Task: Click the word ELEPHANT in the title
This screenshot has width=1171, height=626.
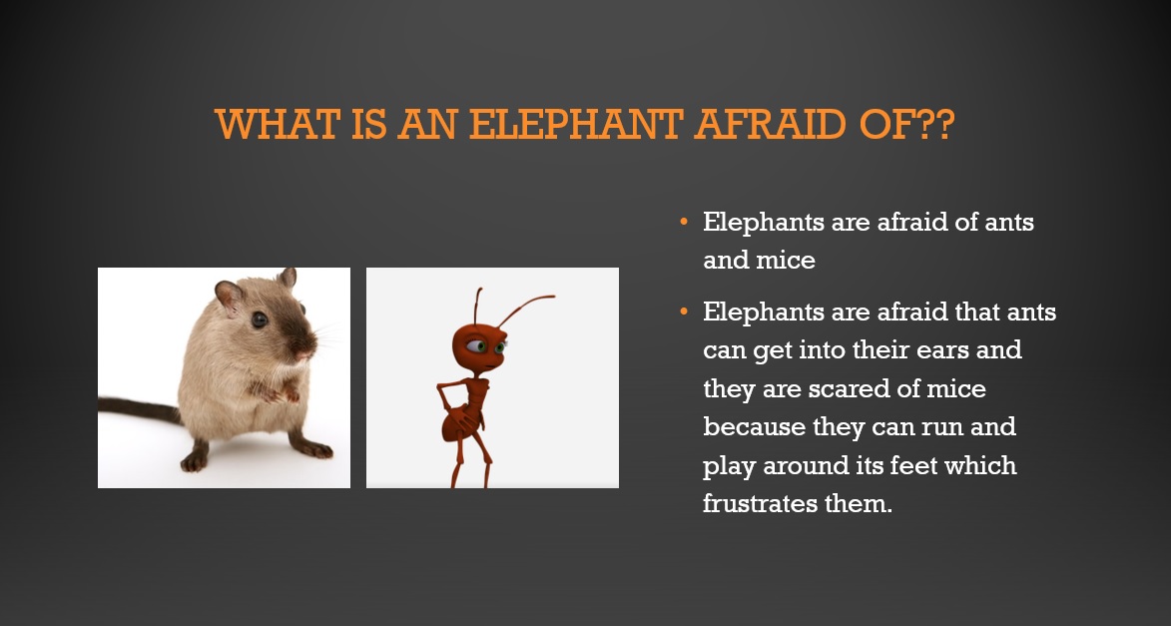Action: tap(576, 124)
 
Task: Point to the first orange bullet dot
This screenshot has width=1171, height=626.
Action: tap(683, 222)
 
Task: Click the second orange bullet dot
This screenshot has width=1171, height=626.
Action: tap(683, 312)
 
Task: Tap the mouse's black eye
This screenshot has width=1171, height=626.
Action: tap(260, 319)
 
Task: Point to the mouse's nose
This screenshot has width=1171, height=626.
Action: tap(307, 348)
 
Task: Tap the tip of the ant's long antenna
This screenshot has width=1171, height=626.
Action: tap(553, 297)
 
